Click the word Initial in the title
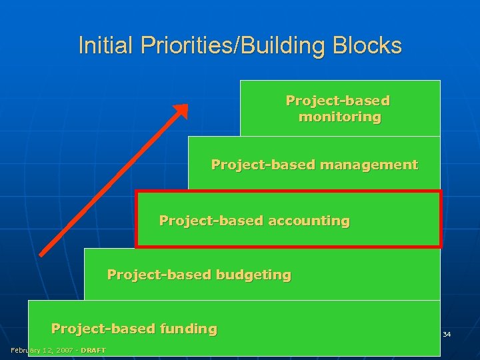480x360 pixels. point(97,45)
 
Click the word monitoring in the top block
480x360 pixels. point(340,117)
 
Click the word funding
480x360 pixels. point(187,329)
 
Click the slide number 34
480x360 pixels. point(447,333)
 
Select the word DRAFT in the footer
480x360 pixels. point(93,351)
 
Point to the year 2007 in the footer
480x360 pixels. point(61,351)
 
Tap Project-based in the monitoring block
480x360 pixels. point(338,101)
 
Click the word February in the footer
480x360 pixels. point(25,351)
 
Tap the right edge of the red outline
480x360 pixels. point(440,219)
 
